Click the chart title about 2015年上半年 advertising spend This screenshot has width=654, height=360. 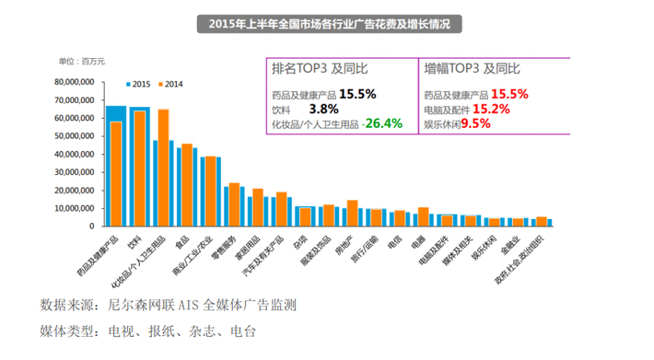(327, 22)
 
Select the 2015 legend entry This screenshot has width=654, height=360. (138, 84)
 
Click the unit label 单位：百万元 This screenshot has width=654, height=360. (82, 61)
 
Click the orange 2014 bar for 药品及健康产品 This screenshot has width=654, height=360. (116, 173)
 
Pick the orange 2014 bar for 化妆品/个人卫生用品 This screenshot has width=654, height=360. (163, 167)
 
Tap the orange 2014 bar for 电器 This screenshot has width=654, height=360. (424, 216)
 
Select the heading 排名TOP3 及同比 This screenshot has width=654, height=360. (317, 69)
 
